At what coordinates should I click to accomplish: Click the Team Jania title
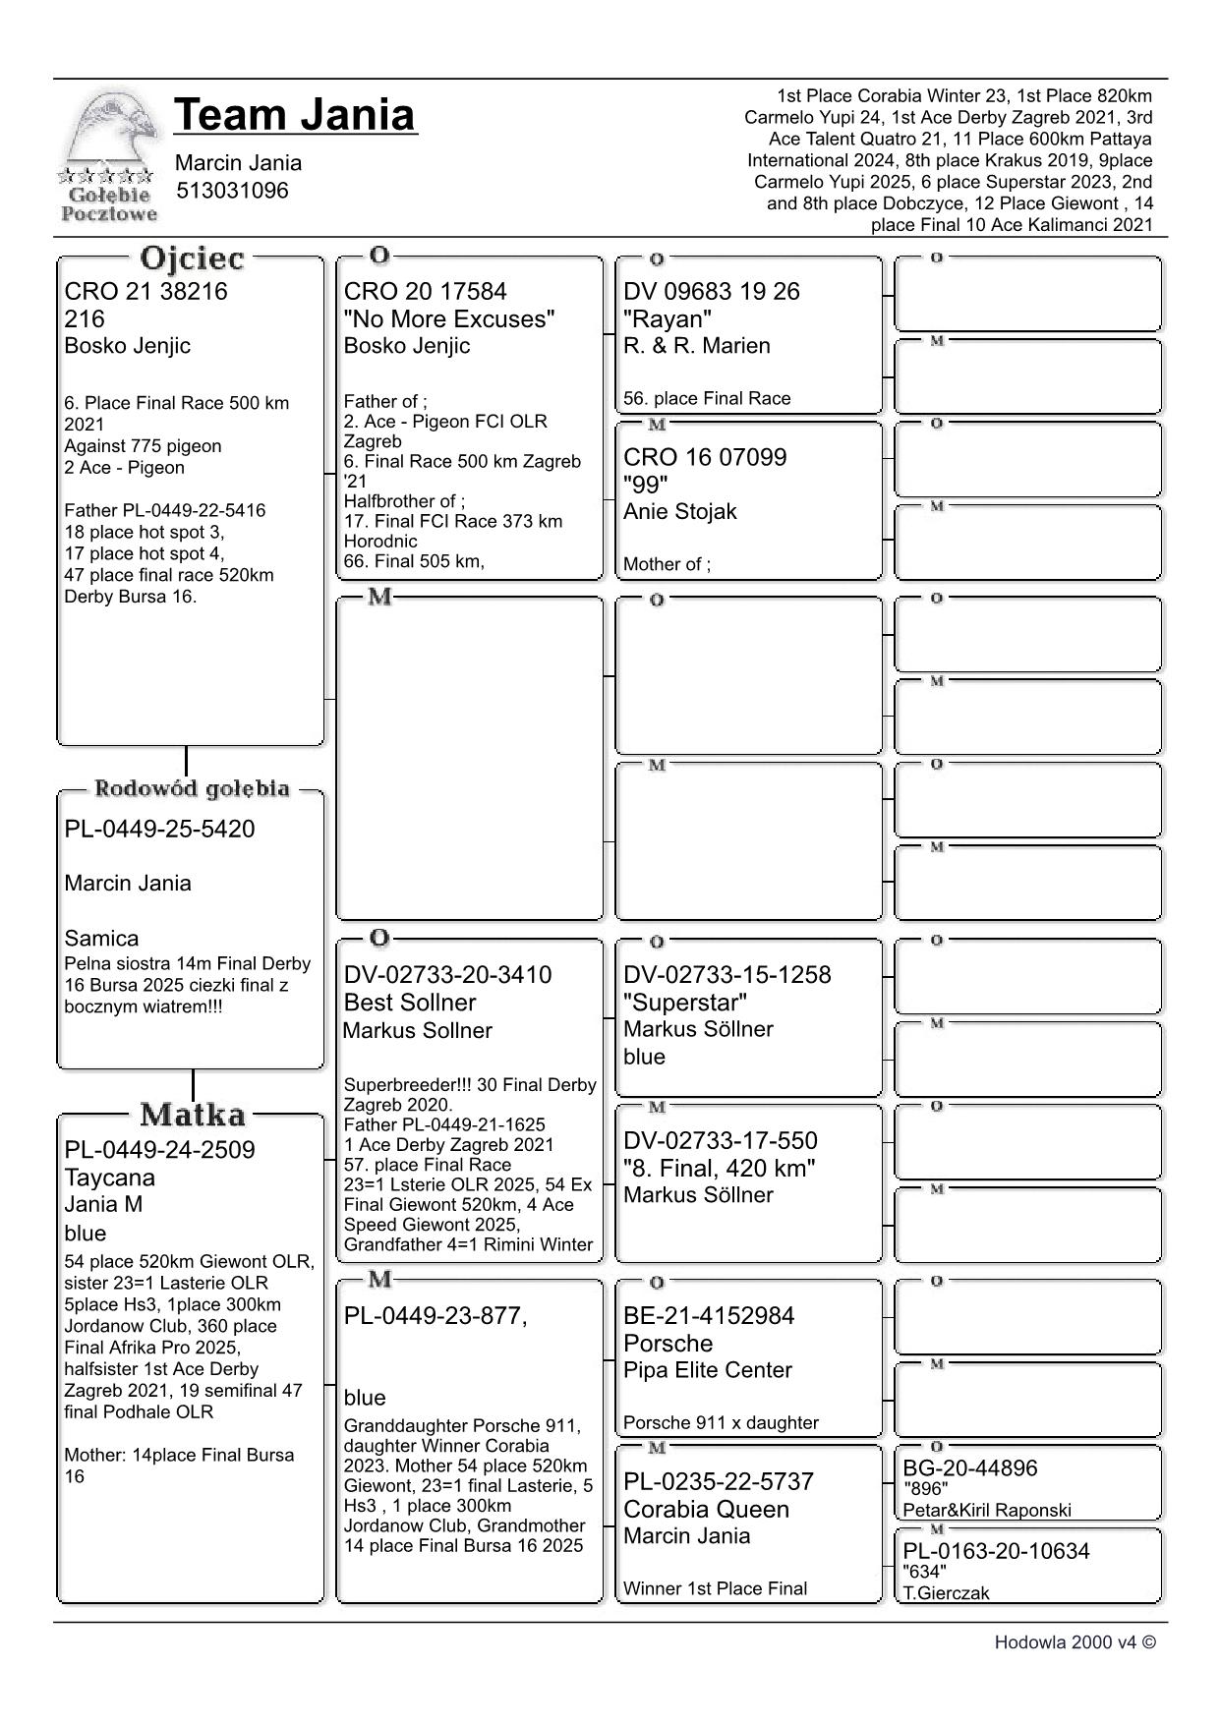(295, 115)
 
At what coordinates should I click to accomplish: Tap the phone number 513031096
(232, 191)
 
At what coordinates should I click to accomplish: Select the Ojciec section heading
(192, 259)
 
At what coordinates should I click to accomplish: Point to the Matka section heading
(192, 1115)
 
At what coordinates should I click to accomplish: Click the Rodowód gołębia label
(192, 788)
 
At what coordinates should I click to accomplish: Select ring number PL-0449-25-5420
(159, 829)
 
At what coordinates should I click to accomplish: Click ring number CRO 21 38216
(145, 291)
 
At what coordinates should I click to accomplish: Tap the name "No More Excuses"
(449, 318)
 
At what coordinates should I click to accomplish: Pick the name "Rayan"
(668, 318)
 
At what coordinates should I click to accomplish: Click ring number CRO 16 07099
(705, 457)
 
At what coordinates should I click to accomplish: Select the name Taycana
(109, 1178)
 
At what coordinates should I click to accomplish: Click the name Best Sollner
(409, 1003)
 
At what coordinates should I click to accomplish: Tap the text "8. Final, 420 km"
(719, 1168)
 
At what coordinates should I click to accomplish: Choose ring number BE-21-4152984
(709, 1316)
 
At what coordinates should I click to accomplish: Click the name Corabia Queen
(706, 1509)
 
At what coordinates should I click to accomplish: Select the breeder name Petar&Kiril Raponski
(987, 1511)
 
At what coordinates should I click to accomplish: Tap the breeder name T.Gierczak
(946, 1593)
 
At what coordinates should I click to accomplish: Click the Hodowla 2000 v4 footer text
(1075, 1642)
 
